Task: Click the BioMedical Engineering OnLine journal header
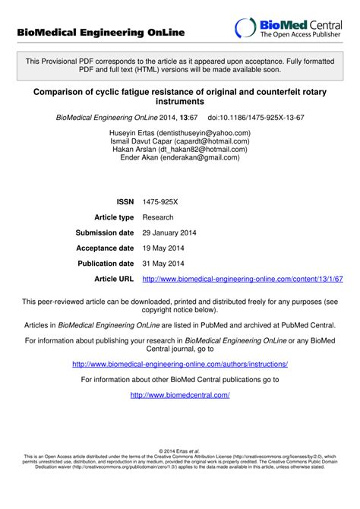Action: click(x=101, y=33)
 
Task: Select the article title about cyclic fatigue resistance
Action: click(x=180, y=95)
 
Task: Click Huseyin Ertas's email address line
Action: click(x=180, y=132)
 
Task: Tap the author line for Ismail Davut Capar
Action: click(x=180, y=141)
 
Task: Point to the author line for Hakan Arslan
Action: click(x=180, y=150)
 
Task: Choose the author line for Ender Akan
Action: click(x=180, y=159)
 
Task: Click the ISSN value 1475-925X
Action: click(x=160, y=201)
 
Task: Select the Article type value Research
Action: click(x=159, y=217)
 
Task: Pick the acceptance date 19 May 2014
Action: click(x=164, y=248)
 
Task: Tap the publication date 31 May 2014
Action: click(x=164, y=264)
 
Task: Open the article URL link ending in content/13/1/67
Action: click(x=242, y=280)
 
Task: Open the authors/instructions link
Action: click(x=180, y=364)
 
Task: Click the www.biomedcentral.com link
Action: click(x=180, y=395)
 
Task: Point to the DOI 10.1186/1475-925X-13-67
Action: click(x=256, y=118)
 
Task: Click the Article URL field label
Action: click(x=114, y=280)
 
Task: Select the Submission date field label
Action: click(x=105, y=232)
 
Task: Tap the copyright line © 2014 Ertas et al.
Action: click(x=180, y=451)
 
